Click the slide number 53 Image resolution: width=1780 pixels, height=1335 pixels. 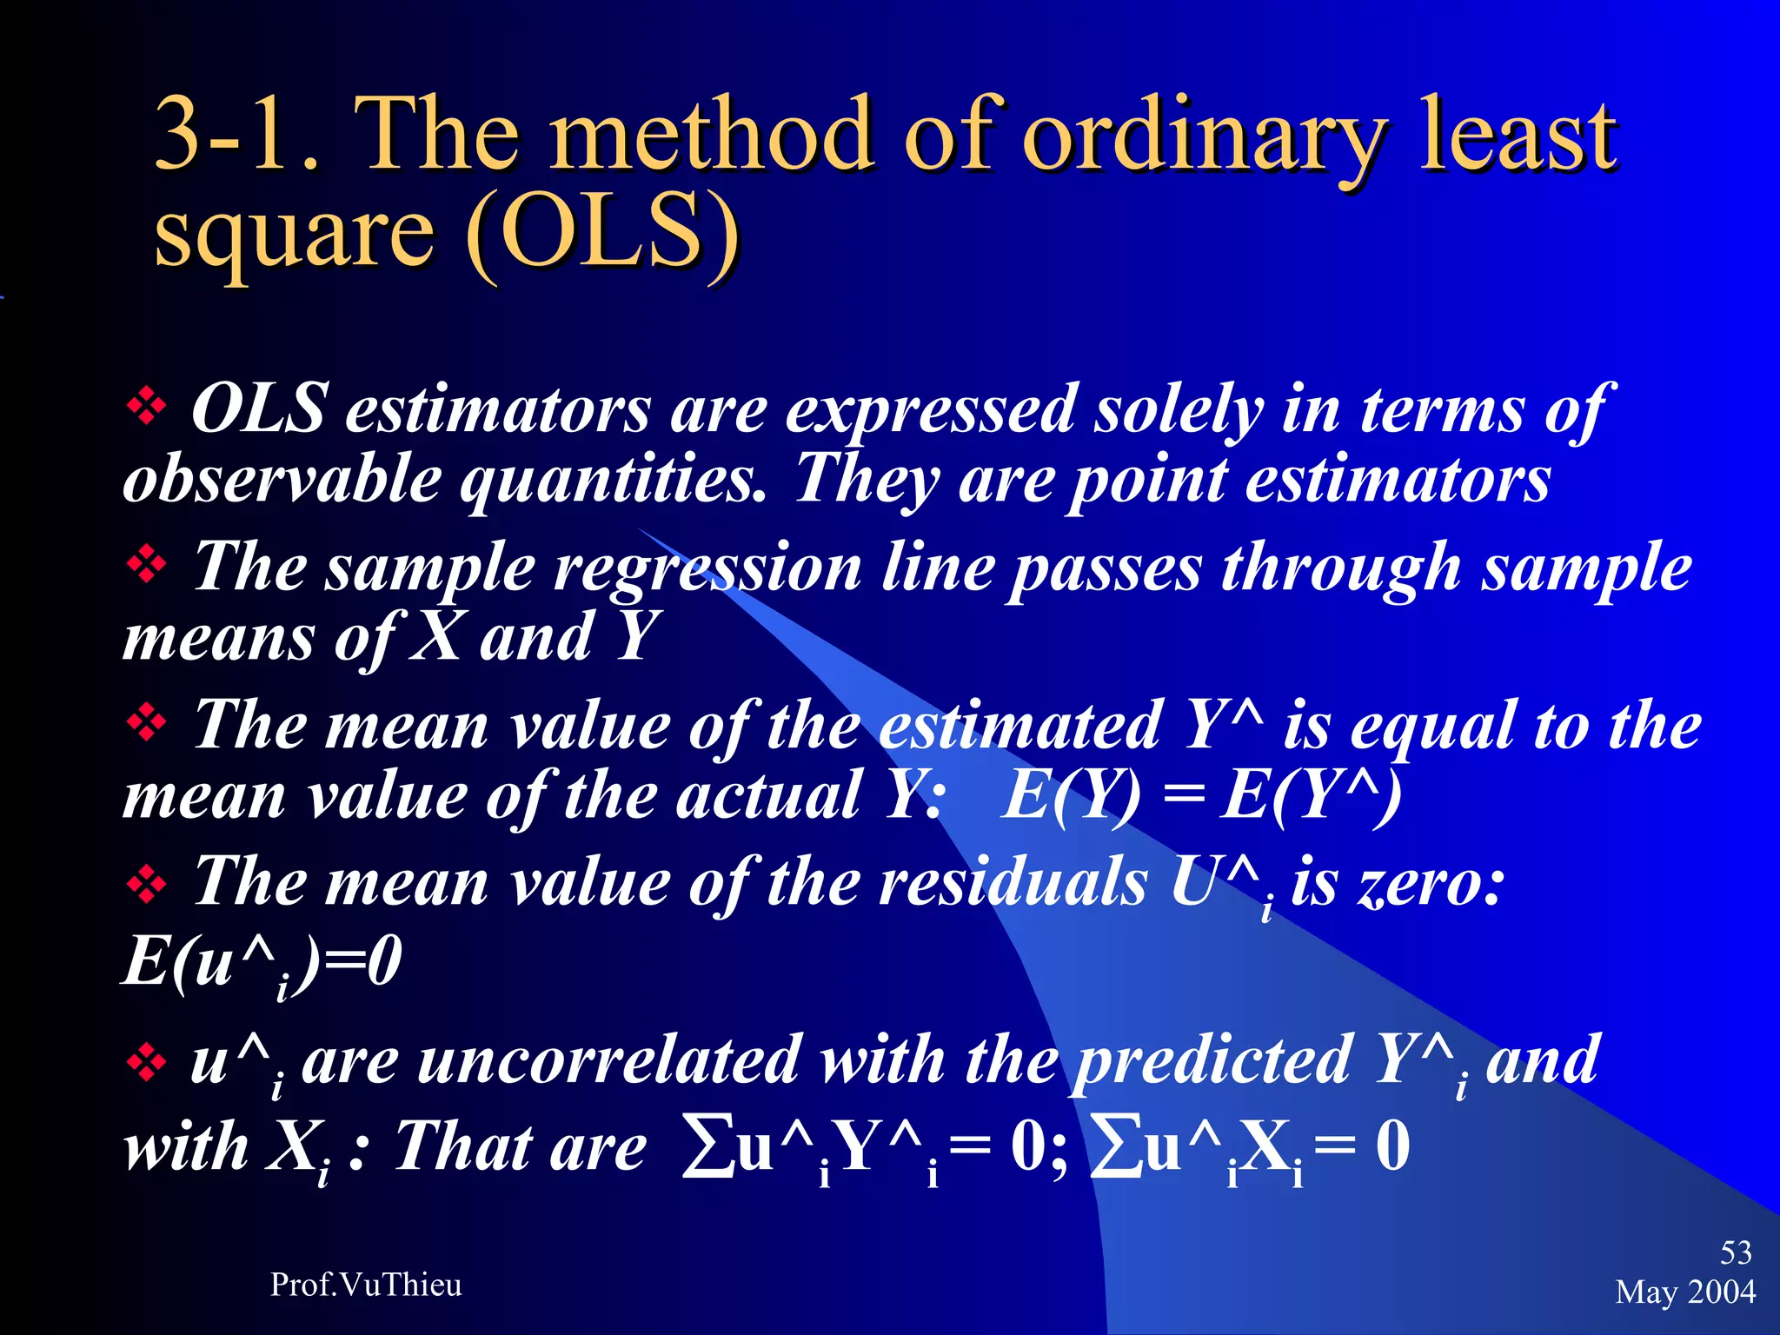tap(1736, 1252)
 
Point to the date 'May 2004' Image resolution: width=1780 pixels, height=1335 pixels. tap(1685, 1292)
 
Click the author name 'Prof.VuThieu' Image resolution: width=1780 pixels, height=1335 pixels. tap(366, 1285)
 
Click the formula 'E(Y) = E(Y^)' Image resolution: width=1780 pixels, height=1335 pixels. tap(1200, 796)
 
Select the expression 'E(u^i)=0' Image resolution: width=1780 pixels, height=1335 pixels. tap(262, 963)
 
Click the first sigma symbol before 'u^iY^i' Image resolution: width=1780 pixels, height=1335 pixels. tap(707, 1148)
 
